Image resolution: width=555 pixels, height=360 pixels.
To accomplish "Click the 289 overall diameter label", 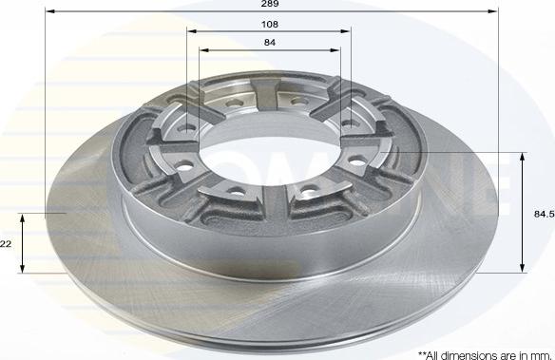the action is (270, 4).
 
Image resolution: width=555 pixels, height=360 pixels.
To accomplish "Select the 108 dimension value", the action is (270, 25).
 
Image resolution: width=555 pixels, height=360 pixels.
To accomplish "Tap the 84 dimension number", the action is (270, 43).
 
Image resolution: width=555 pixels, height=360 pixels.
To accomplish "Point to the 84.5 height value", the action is (544, 214).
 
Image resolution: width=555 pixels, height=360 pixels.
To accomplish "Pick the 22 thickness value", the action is (6, 244).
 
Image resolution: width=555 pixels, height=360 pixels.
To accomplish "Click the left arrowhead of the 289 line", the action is (50, 11).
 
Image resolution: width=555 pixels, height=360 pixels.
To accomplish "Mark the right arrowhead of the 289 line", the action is (492, 11).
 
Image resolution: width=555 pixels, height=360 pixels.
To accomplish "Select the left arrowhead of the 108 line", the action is (191, 31).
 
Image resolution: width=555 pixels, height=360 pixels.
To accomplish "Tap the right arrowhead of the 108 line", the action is (346, 31).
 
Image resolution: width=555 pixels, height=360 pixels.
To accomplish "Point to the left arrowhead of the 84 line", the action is (204, 49).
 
